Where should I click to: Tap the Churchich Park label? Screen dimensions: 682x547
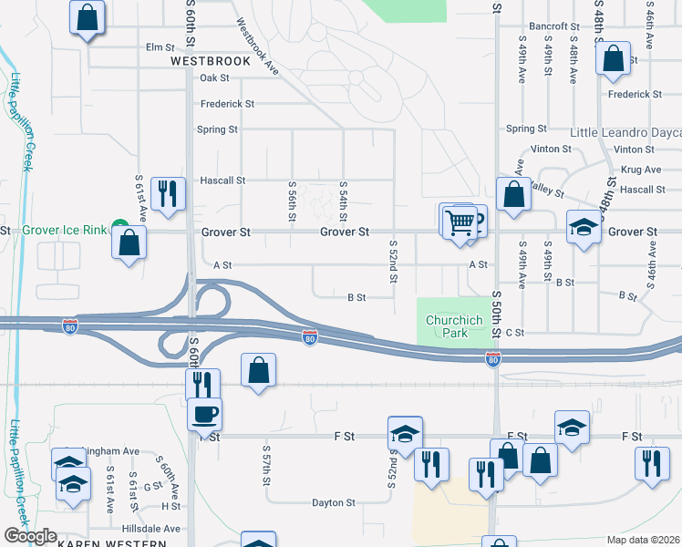tap(447, 326)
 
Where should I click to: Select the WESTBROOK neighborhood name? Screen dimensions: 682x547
tap(210, 61)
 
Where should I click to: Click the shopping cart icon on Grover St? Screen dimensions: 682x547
tap(460, 222)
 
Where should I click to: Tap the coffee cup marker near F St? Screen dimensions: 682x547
tap(204, 415)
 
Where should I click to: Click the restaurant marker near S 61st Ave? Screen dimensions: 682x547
tap(167, 195)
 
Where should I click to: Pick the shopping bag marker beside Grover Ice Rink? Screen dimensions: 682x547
tap(129, 243)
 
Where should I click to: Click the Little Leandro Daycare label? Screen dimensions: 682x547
tap(625, 132)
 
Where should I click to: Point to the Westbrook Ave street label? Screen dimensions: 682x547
tap(258, 47)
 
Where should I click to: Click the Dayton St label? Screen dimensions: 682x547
tap(333, 502)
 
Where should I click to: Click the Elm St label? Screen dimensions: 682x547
tap(160, 46)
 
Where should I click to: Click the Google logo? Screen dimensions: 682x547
tap(30, 536)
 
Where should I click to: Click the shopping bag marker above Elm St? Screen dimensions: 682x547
tap(87, 17)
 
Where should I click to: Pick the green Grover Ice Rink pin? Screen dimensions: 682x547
tap(119, 226)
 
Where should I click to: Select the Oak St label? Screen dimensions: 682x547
tap(214, 78)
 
